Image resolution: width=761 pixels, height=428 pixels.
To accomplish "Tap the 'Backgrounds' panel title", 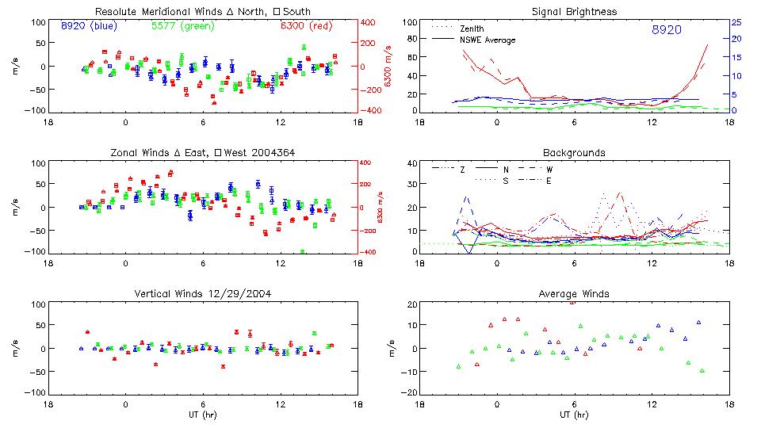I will point(575,152).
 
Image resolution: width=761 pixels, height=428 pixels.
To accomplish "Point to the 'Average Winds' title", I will point(575,294).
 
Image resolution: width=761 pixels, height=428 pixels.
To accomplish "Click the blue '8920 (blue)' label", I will point(88,26).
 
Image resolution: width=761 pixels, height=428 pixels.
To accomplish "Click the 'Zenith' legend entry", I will point(472,29).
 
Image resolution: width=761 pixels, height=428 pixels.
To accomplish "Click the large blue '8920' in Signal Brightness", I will point(667,30).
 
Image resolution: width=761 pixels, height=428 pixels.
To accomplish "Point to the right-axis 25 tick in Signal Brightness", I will point(736,22).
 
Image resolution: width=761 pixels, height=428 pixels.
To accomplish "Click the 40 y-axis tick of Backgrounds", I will point(412,164).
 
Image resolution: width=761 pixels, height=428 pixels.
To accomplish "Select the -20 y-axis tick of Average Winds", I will point(411,392).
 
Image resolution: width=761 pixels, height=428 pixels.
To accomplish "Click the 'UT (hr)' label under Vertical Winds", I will point(202,415).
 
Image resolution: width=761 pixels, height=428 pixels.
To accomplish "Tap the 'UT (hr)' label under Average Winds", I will point(575,415).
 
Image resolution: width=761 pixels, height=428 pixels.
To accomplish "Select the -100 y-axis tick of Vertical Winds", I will point(36,392).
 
